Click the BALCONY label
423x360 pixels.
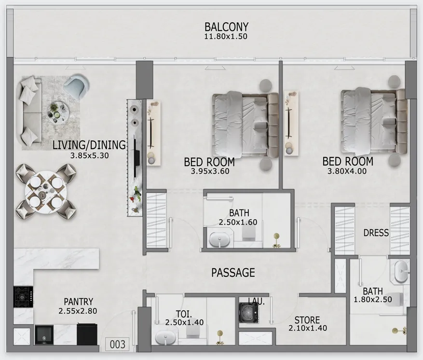pyautogui.click(x=226, y=27)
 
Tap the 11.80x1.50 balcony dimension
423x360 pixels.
pyautogui.click(x=226, y=36)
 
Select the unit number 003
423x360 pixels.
pyautogui.click(x=118, y=345)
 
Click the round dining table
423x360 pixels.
pyautogui.click(x=46, y=191)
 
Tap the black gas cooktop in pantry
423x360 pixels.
pyautogui.click(x=23, y=297)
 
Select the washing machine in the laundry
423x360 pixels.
pyautogui.click(x=248, y=313)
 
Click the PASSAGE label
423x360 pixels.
pyautogui.click(x=233, y=273)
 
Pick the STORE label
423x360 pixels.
pyautogui.click(x=307, y=320)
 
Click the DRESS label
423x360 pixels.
pyautogui.click(x=376, y=233)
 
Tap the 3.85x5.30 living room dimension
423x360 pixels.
pyautogui.click(x=89, y=156)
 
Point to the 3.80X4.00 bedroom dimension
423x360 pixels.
pyautogui.click(x=347, y=171)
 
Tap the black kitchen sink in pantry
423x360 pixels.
pyautogui.click(x=44, y=335)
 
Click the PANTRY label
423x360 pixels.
pyautogui.click(x=78, y=302)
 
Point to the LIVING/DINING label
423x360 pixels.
pyautogui.click(x=89, y=145)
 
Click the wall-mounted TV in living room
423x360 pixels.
pyautogui.click(x=137, y=156)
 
